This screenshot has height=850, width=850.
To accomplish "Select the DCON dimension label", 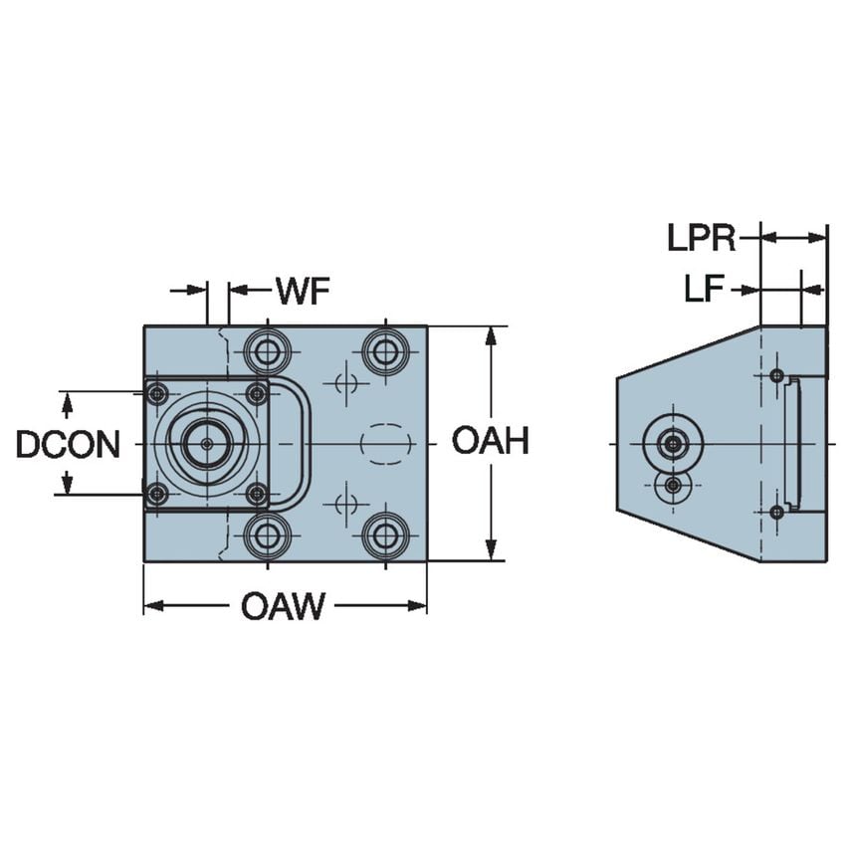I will coord(68,444).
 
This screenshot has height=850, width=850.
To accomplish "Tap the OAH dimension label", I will coord(489,441).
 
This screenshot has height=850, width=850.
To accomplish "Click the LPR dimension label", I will coord(702,238).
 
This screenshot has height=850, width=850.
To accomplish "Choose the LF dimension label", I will coord(704,290).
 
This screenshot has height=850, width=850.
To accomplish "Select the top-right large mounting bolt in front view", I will coord(383,350).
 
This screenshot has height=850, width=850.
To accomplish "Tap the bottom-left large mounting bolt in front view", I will coord(266,535).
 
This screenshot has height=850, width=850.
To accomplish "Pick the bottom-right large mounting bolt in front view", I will coord(383,535).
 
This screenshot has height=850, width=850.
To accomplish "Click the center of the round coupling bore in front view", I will coord(207,444).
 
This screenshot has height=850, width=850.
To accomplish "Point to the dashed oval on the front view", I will coord(383,443).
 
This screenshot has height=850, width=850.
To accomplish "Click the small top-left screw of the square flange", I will coord(156,394).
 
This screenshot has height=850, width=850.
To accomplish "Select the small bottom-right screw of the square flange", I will coord(257,494).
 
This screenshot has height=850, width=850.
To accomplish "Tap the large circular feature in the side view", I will coord(674,443).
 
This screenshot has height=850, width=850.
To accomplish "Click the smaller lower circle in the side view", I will coord(674,486).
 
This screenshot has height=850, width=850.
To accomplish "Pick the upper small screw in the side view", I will coord(776,375).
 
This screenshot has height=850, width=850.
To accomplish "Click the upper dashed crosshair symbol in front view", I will coord(345,384).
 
